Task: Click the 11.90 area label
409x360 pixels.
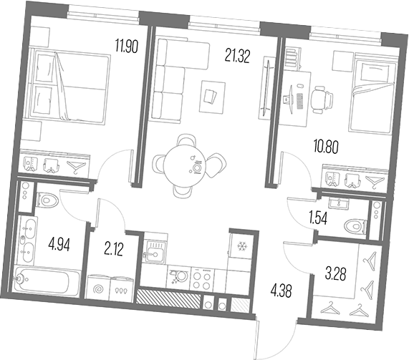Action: pyautogui.click(x=127, y=46)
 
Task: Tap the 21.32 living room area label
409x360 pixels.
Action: pyautogui.click(x=237, y=57)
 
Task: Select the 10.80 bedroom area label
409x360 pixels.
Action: pyautogui.click(x=326, y=147)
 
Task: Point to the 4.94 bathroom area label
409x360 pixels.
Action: pyautogui.click(x=59, y=245)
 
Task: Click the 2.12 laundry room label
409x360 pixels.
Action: pyautogui.click(x=113, y=250)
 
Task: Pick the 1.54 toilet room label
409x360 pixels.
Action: pyautogui.click(x=318, y=219)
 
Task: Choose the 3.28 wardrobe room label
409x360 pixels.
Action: pyautogui.click(x=336, y=274)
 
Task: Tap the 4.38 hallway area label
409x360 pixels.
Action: pyautogui.click(x=282, y=291)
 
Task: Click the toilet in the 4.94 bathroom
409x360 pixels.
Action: pyautogui.click(x=47, y=200)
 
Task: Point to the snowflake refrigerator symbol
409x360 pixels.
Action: pyautogui.click(x=241, y=245)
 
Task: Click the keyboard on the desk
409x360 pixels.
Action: pyautogui.click(x=300, y=102)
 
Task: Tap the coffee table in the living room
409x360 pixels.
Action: pyautogui.click(x=212, y=97)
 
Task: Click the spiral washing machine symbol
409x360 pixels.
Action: pyautogui.click(x=99, y=289)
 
